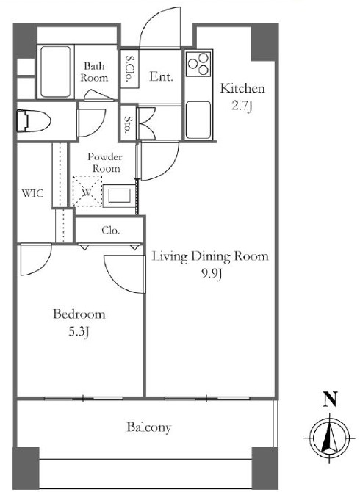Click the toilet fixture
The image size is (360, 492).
pos(34,120)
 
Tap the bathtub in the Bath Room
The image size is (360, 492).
pos(56,72)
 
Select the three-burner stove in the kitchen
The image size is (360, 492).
pos(198,65)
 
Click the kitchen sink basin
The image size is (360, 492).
pos(198,120)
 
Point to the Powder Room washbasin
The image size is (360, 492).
pos(119,196)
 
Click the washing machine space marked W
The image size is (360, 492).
pos(87,191)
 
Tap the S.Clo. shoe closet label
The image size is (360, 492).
pos(129,68)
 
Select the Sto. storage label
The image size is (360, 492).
pos(129,125)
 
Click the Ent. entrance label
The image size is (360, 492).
pos(161,76)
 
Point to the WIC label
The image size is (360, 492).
pos(32,193)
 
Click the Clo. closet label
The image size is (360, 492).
pos(111,231)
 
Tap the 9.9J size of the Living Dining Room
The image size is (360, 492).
pos(212,275)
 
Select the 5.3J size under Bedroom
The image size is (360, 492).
pos(79,333)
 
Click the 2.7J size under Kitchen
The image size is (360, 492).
pos(242,106)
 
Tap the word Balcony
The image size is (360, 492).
pos(149,427)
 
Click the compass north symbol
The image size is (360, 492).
pos(330,438)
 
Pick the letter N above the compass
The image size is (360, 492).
pos(330,399)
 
